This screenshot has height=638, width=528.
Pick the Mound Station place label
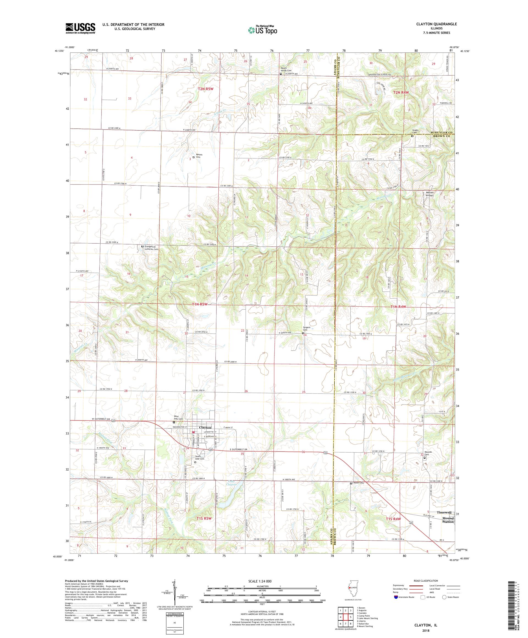pyautogui.click(x=447, y=520)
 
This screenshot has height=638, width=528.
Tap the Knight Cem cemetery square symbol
pyautogui.click(x=412, y=136)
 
